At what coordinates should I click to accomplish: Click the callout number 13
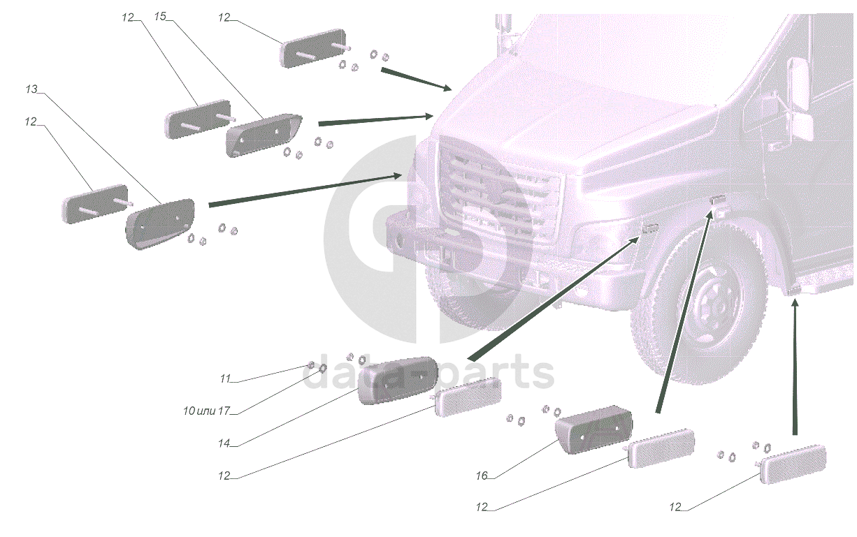click(x=31, y=89)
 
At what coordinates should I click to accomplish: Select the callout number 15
click(x=160, y=17)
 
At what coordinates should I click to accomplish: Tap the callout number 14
click(x=224, y=443)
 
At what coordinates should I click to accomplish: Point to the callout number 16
click(x=482, y=476)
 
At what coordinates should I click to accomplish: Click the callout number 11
click(x=225, y=378)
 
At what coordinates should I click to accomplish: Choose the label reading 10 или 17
click(x=207, y=411)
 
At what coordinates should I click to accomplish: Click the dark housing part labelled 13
click(x=160, y=223)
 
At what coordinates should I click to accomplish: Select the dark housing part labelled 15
click(x=264, y=135)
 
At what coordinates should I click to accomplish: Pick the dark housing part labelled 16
click(x=593, y=429)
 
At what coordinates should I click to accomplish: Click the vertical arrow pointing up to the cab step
click(x=795, y=367)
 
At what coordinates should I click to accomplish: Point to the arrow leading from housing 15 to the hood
click(x=375, y=119)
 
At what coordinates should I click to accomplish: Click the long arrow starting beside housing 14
click(x=553, y=298)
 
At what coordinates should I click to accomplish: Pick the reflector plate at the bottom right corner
click(x=793, y=464)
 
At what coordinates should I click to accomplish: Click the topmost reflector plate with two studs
click(x=313, y=48)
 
